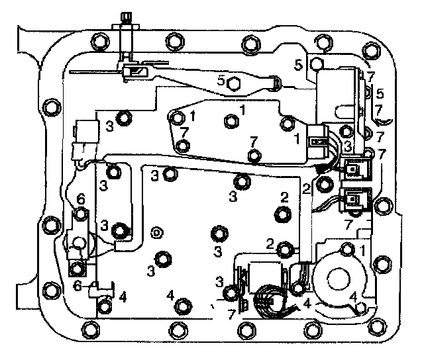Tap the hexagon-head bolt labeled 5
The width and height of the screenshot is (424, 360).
(x=233, y=83)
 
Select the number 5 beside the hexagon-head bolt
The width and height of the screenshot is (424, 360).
(x=222, y=81)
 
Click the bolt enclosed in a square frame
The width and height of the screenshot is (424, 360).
(x=78, y=269)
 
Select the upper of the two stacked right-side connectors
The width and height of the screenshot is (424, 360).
(x=355, y=169)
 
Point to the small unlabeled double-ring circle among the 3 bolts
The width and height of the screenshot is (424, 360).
(x=156, y=232)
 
